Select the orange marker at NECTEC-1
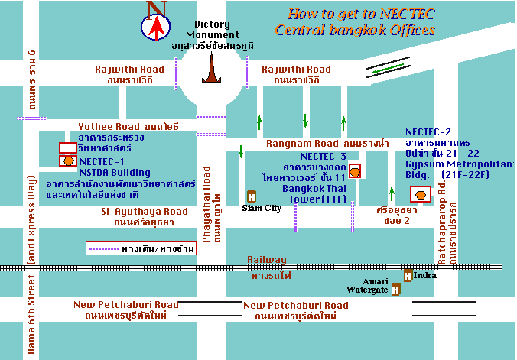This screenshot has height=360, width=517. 68,161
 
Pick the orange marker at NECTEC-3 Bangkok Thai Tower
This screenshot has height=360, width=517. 354,170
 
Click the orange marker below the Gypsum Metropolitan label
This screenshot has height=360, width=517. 420,194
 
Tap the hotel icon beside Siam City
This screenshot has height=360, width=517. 251,196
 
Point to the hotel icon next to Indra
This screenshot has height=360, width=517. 408,275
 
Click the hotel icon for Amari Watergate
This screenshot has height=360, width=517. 395,289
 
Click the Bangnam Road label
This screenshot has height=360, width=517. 301,143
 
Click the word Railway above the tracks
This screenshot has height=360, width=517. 266,260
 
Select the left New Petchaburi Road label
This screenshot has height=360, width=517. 126,304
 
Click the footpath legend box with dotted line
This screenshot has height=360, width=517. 141,248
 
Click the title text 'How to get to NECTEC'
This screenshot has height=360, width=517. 353,14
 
